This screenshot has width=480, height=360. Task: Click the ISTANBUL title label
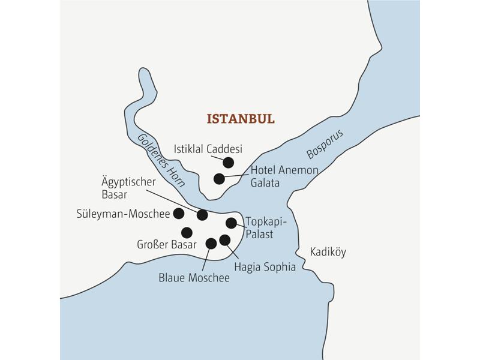click(x=240, y=119)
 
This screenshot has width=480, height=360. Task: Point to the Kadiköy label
click(x=328, y=252)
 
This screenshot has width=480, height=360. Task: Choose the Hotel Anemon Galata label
click(x=284, y=176)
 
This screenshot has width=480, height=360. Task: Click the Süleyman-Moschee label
click(x=124, y=213)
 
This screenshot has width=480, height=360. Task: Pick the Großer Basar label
click(x=167, y=244)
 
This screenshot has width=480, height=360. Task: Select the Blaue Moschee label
click(x=194, y=278)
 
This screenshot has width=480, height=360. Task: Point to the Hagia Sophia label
click(x=265, y=267)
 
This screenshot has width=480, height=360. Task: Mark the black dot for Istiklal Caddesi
click(x=228, y=162)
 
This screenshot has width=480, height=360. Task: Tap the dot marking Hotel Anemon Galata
click(x=219, y=178)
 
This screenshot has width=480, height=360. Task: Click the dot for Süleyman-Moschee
click(x=178, y=213)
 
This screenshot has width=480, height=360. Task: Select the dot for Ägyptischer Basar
click(x=202, y=215)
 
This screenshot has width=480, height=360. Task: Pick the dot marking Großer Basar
click(x=187, y=232)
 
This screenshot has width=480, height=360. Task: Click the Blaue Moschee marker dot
click(x=211, y=243)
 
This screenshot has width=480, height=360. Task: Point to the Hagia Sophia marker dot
click(x=225, y=240)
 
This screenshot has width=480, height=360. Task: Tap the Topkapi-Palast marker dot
click(x=231, y=223)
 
